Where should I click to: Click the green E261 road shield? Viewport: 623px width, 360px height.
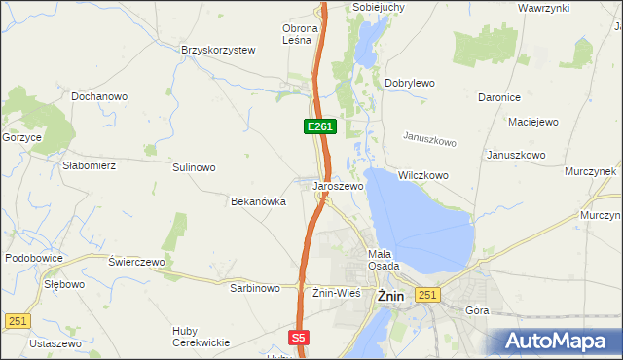(x=319, y=126)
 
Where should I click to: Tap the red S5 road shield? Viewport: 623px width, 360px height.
(x=299, y=338)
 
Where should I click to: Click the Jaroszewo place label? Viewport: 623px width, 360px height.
(x=338, y=186)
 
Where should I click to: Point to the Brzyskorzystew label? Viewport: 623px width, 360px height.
(x=217, y=50)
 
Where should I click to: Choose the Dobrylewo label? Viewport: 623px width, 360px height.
(x=409, y=84)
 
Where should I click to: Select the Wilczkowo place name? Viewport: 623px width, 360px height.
(x=422, y=176)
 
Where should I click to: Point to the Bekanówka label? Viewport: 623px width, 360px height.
(x=257, y=201)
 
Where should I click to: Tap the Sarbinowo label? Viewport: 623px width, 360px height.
(x=255, y=288)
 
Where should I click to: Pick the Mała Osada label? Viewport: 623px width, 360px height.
(x=380, y=260)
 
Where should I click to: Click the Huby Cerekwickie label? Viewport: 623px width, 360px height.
(x=201, y=337)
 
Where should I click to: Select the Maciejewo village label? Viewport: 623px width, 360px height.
(x=532, y=123)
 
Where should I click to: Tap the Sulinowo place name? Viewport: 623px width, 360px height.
(x=194, y=167)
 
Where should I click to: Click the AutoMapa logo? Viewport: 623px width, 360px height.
(x=556, y=342)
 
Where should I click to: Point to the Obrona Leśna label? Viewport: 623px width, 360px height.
(x=297, y=34)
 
